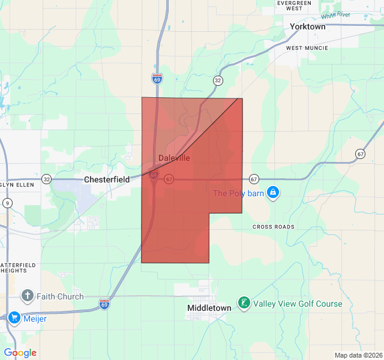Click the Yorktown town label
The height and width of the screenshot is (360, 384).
(307, 27)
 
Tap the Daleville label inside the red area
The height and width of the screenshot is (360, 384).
(174, 158)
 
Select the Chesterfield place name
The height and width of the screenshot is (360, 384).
(107, 179)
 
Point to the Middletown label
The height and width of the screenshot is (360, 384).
(209, 308)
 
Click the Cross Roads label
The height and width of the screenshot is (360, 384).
(274, 227)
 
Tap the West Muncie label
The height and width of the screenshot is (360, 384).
(307, 47)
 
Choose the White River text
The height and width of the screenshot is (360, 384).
(335, 15)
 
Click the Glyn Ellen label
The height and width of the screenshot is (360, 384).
(17, 185)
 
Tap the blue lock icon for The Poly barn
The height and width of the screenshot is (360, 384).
(273, 193)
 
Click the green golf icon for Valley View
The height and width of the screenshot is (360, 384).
(244, 304)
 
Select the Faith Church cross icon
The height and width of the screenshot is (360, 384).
(27, 296)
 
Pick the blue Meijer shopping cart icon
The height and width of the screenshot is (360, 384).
(14, 318)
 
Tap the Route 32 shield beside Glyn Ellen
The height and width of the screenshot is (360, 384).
(46, 179)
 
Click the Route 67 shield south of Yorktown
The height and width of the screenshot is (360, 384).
(360, 154)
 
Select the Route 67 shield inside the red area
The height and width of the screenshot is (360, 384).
(169, 179)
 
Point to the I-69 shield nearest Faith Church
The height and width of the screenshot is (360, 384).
(104, 304)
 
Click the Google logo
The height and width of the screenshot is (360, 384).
(20, 353)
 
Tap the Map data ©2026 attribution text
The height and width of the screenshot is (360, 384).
(358, 355)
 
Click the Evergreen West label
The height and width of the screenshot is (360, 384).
(294, 6)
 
